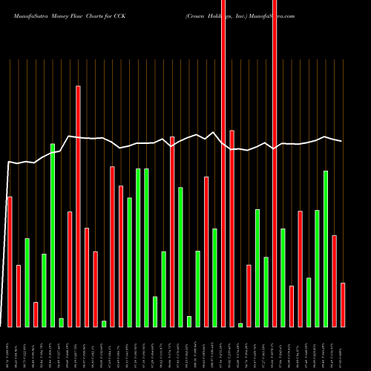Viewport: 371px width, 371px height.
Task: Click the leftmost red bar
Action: coord(10,261)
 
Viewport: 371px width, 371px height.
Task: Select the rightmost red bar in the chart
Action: coord(343,304)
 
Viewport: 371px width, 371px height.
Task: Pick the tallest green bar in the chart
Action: coord(53,234)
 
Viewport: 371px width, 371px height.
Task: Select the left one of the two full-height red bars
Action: coord(223,163)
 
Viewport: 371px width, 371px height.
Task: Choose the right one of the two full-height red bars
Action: coord(275,163)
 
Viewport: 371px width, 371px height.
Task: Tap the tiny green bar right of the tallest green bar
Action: coord(61,322)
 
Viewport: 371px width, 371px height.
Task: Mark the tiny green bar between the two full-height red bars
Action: coord(240,324)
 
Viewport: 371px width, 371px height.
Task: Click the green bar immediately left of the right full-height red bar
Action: coord(266,292)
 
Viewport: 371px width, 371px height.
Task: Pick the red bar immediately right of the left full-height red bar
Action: coord(232,228)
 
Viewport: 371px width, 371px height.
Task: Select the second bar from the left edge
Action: coord(19,295)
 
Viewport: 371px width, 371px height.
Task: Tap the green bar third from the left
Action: coord(27,282)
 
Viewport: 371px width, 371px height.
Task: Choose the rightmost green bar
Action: coord(326,249)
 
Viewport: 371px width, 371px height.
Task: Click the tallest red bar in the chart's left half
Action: coord(78,206)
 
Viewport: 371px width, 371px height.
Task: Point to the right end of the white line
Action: coord(342,141)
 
